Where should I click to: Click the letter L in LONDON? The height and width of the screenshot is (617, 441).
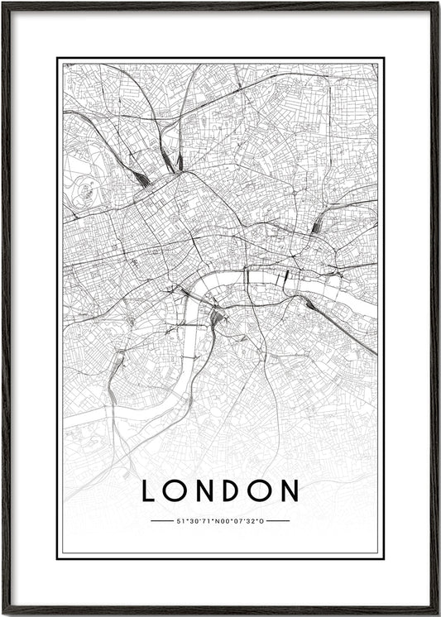(149, 490)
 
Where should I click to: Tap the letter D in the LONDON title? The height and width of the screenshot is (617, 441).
(233, 490)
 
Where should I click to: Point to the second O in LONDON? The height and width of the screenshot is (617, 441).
(261, 490)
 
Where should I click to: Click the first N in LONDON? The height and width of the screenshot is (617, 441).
(205, 490)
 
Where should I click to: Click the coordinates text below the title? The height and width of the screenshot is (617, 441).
(220, 521)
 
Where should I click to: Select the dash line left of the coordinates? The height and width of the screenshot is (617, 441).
(162, 521)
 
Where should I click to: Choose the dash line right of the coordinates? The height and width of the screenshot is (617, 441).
(278, 521)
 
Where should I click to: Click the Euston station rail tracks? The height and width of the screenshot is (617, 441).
(141, 178)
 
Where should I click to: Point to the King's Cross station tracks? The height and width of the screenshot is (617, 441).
(178, 160)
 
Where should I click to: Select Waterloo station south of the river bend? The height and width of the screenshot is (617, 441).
(216, 317)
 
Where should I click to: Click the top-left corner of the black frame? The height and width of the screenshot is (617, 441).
(3, 3)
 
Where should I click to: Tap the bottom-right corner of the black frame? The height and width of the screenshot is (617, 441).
(437, 613)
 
